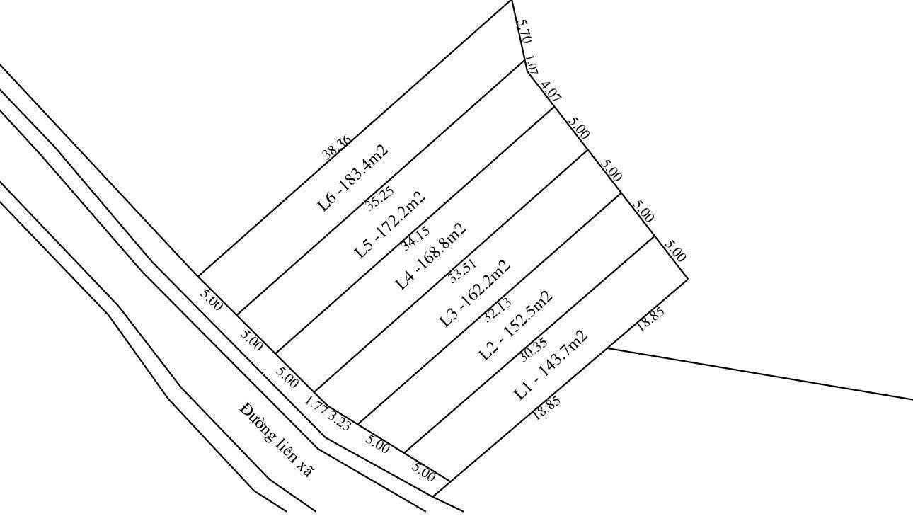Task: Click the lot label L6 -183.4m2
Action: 353,178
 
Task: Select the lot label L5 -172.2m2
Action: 390,225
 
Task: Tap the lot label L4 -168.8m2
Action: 431,256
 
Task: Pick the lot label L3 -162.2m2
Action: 474,294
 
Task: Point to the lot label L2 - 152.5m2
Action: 516,326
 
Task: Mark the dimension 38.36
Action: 336,147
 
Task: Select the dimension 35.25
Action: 381,198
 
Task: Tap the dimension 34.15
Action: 415,239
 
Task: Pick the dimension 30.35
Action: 533,350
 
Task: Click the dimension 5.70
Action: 524,31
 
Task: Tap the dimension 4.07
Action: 551,93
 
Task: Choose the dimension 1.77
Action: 316,406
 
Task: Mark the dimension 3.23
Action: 339,420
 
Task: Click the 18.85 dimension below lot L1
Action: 546,408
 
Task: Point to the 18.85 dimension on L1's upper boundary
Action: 650,319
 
